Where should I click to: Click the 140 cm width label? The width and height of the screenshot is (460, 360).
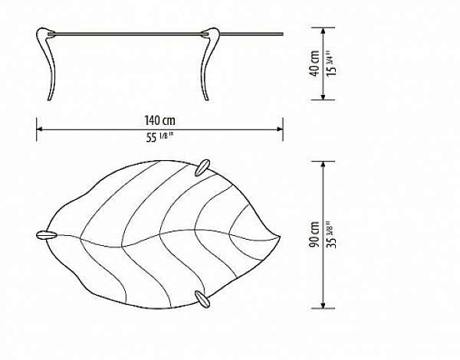[160, 120]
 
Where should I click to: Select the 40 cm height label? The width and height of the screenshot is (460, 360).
[314, 64]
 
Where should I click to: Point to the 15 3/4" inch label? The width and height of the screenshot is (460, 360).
[332, 64]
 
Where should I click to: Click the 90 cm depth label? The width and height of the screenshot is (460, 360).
[314, 234]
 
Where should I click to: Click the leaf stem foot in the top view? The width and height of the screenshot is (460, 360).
[46, 235]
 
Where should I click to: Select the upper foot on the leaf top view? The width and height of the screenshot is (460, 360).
[202, 168]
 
